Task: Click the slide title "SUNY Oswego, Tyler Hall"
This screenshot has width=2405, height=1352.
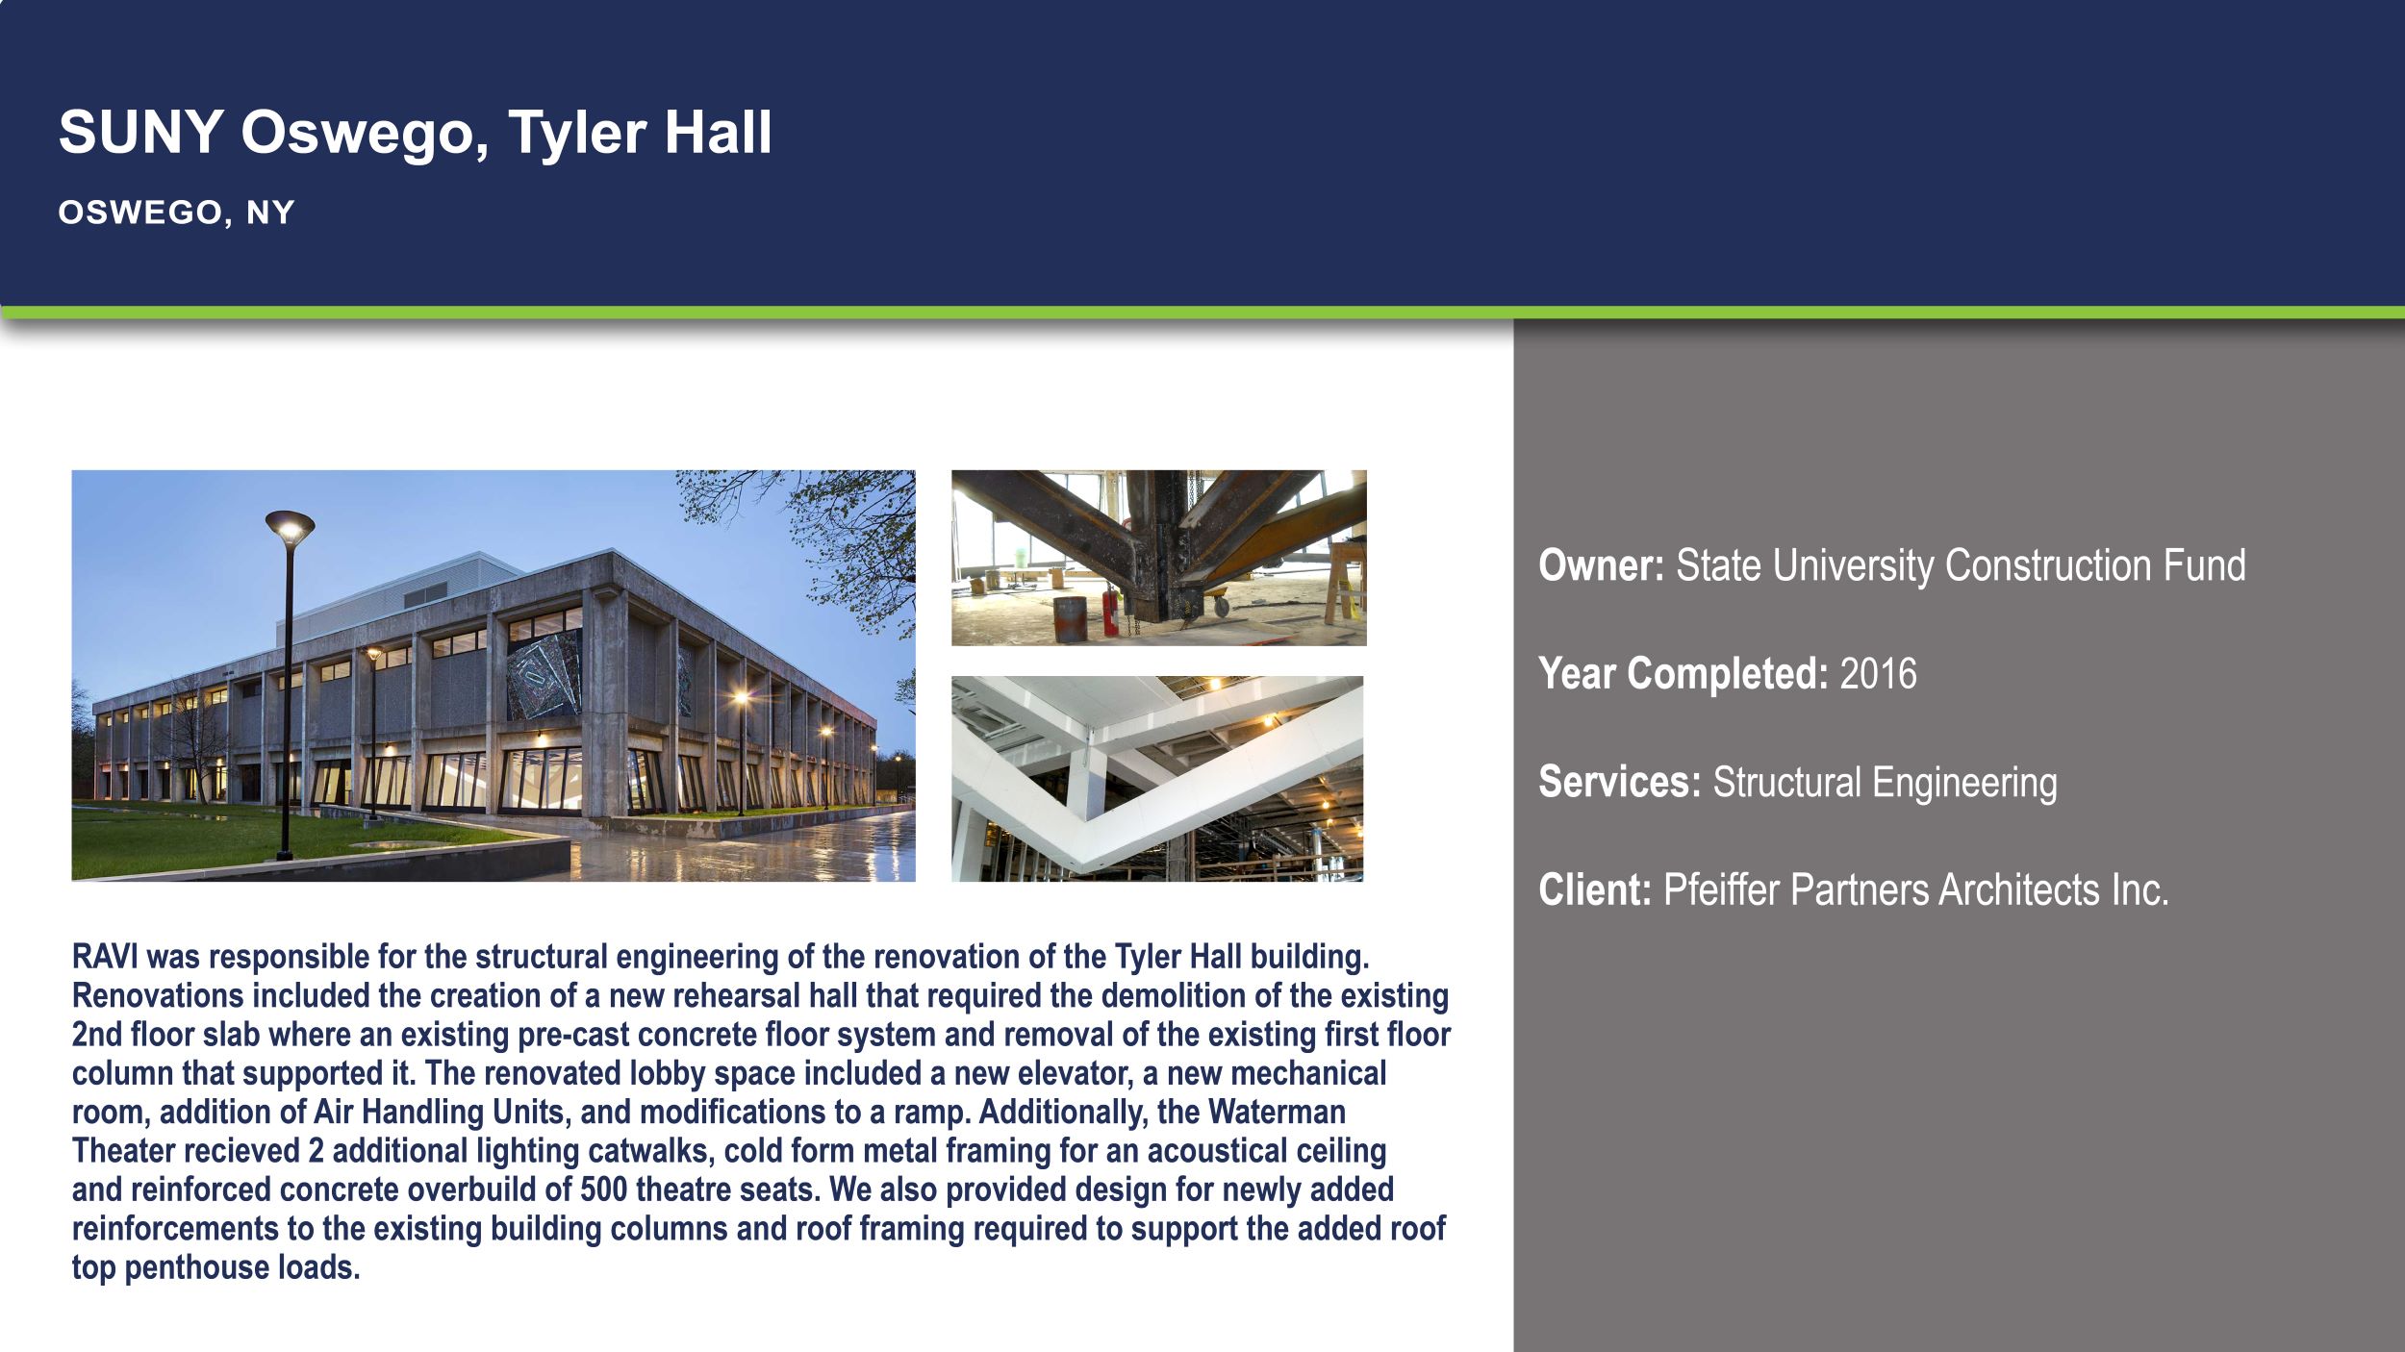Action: (x=415, y=132)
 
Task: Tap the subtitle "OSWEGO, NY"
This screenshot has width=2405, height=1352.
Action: (x=176, y=213)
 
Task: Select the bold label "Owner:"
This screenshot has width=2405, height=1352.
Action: (x=1601, y=565)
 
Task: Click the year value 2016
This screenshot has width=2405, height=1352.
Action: (x=1878, y=673)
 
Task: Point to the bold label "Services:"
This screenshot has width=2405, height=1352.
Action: (x=1619, y=782)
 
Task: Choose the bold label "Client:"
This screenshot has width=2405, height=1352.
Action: (x=1594, y=889)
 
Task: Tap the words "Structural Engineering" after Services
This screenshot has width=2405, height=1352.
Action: (x=1885, y=782)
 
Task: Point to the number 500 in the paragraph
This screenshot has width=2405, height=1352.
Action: (x=603, y=1189)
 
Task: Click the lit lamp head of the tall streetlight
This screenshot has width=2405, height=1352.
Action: (x=290, y=525)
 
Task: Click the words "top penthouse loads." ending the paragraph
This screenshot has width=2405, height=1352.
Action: (x=215, y=1267)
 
